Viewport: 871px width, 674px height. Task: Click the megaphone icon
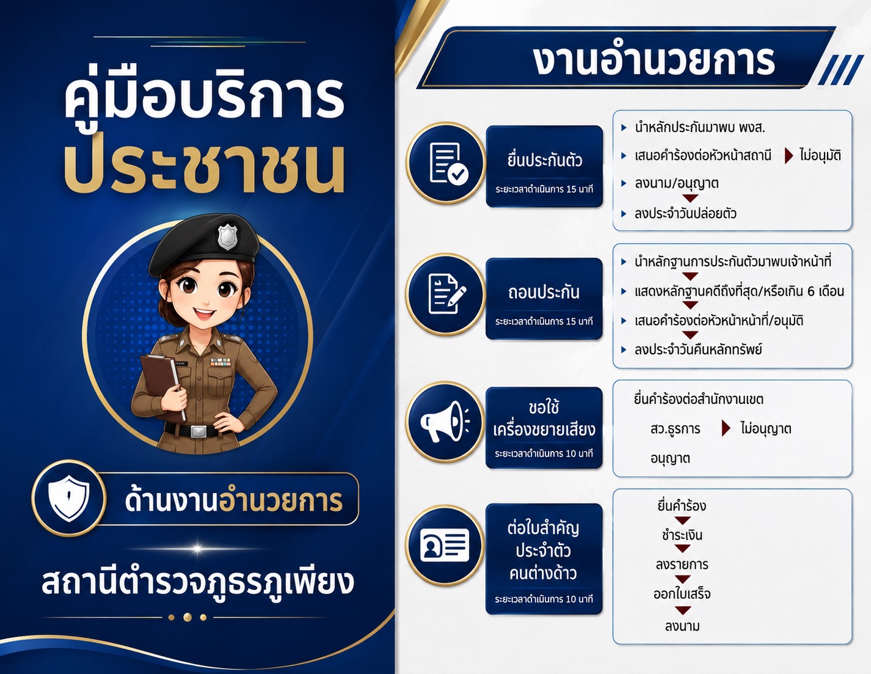coord(445,422)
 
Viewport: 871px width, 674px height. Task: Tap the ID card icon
coord(445,545)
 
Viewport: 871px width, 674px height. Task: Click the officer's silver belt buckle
coord(199,431)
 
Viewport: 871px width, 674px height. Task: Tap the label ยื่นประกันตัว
coord(544,160)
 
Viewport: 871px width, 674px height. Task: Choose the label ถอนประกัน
coord(544,292)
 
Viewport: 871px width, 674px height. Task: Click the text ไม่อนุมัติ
coord(820,155)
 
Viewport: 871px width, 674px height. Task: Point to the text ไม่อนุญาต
coord(766,428)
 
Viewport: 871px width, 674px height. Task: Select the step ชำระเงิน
coord(682,535)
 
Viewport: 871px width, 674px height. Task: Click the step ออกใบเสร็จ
coord(682,593)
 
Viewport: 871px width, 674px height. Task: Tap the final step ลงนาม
coord(682,626)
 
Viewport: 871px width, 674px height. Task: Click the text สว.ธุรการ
coord(676,429)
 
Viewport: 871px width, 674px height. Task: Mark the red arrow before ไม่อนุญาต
coord(726,428)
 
